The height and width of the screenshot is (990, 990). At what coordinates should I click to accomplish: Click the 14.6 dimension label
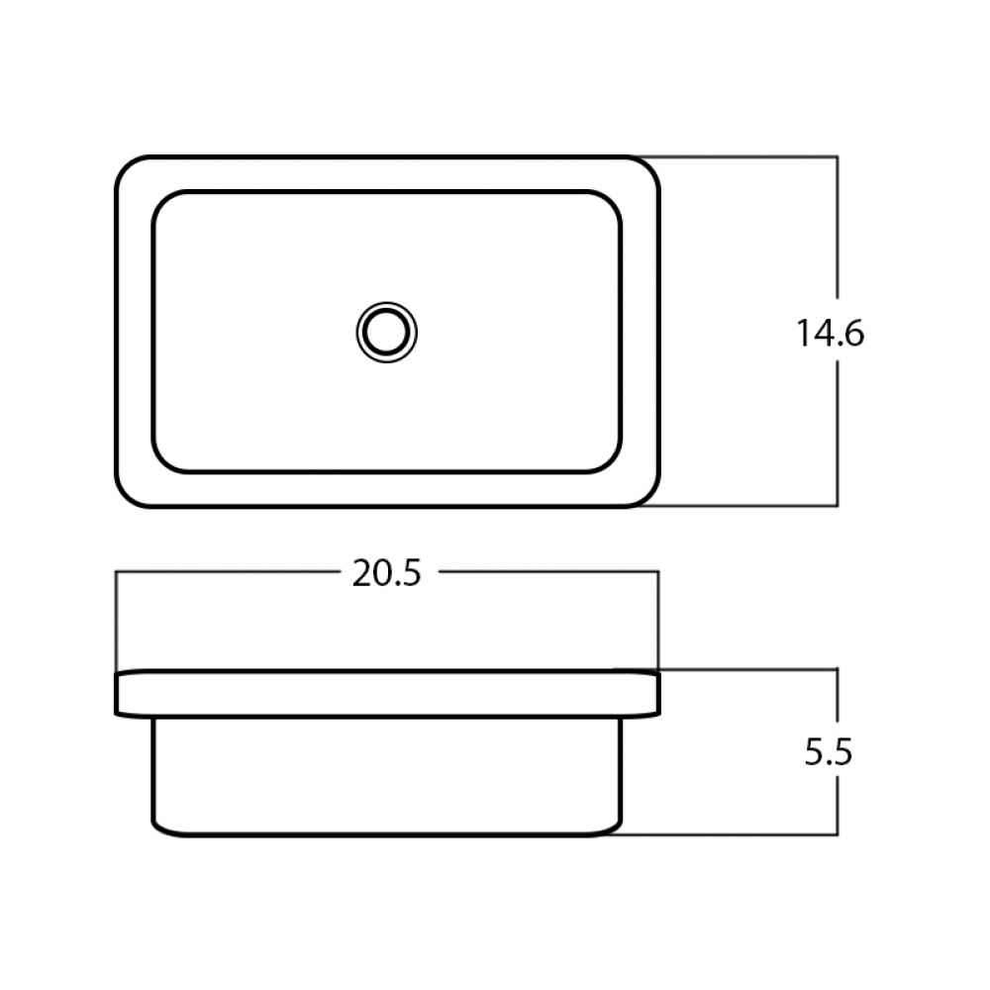tap(830, 333)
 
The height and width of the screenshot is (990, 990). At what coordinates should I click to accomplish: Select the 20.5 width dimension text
tap(386, 573)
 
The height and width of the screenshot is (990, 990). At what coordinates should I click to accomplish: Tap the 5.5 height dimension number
tap(829, 751)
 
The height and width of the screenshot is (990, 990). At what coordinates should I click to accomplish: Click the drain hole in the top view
tap(386, 332)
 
